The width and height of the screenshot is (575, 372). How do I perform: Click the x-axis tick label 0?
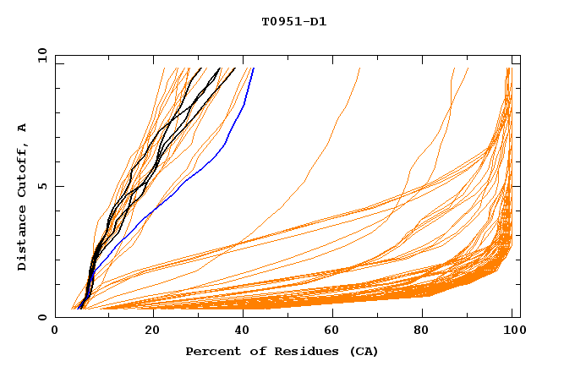[55, 331]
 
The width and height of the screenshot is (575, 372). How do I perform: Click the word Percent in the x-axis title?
[211, 351]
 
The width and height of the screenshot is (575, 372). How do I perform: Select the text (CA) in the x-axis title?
[364, 351]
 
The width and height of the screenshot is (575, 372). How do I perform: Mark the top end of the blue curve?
[253, 68]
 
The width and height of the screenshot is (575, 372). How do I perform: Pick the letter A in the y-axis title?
[23, 128]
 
